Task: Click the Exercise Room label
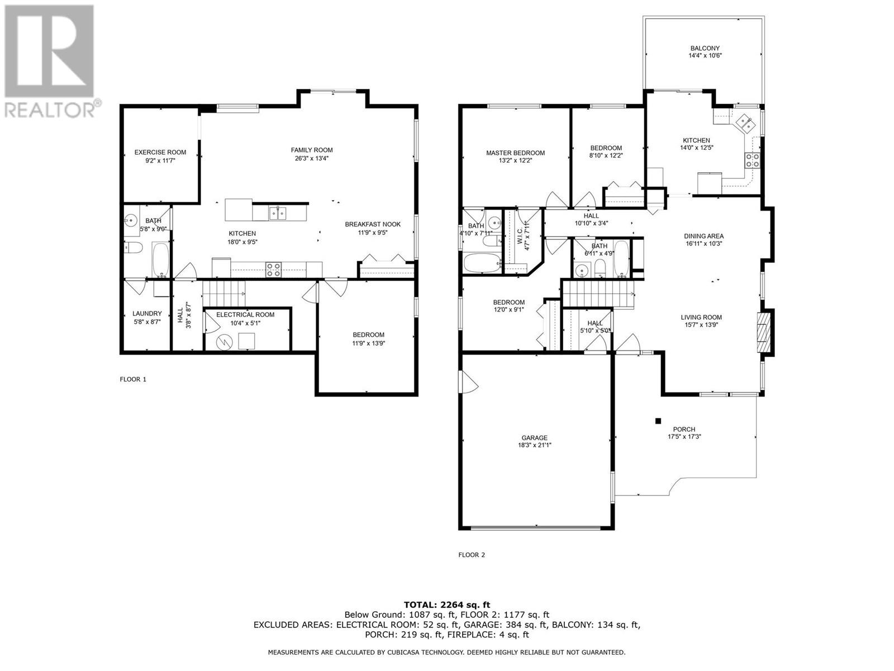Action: coord(160,152)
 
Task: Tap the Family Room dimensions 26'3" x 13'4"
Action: coord(312,158)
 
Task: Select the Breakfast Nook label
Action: coord(373,224)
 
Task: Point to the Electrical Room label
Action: coord(245,314)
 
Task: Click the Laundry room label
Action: coord(147,314)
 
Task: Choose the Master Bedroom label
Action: coord(515,153)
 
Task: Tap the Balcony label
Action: coord(705,48)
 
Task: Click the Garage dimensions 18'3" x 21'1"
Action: coord(534,445)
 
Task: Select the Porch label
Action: coord(684,429)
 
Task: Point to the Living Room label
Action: coord(701,318)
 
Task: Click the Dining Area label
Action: coord(704,237)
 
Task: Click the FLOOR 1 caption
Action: coord(133,379)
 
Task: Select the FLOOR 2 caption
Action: coord(472,555)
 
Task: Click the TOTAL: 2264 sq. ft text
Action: coord(447,605)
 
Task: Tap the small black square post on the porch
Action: coord(658,421)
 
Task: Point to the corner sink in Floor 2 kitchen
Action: coord(744,123)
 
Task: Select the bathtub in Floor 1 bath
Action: coord(160,259)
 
